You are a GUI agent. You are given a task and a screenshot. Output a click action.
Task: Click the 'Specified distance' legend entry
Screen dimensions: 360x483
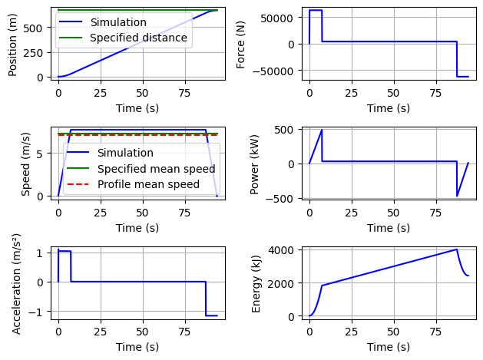[138, 38]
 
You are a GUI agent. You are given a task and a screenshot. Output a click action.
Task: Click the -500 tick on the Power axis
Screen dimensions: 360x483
[283, 198]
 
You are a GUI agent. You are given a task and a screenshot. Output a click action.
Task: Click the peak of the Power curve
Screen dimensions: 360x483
[322, 130]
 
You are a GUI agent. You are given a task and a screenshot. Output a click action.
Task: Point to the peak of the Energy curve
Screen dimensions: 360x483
[457, 249]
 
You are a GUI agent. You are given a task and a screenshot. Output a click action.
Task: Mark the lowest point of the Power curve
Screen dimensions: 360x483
[457, 197]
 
